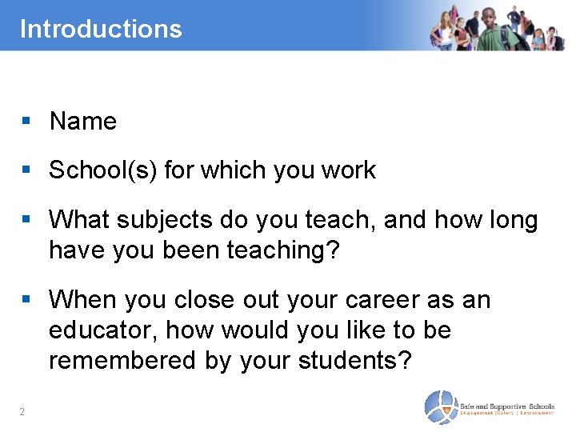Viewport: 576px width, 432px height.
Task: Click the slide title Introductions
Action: tap(101, 29)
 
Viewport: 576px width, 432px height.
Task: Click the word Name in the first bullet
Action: tap(82, 122)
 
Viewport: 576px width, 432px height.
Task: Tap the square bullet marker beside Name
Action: tap(26, 122)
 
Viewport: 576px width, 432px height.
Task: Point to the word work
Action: tap(347, 170)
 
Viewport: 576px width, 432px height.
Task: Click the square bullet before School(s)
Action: tap(26, 170)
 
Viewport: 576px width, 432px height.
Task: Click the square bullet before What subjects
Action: tap(26, 220)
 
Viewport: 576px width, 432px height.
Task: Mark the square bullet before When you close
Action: tap(26, 300)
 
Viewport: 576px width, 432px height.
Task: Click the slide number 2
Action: tap(22, 413)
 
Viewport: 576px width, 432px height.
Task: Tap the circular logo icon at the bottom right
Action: tap(440, 407)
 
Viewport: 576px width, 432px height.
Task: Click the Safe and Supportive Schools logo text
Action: tap(507, 407)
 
